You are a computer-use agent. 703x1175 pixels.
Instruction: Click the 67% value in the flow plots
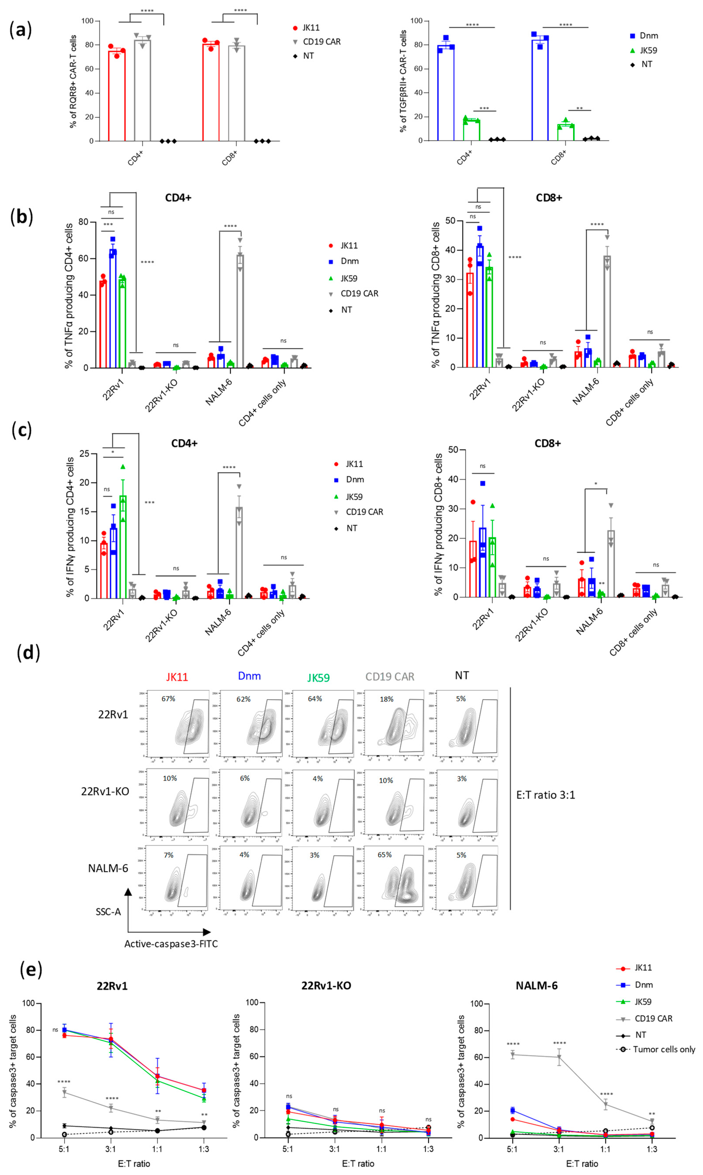[168, 699]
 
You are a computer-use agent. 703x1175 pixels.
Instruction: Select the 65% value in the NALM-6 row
[384, 854]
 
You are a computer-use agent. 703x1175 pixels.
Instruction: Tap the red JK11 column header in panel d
[177, 677]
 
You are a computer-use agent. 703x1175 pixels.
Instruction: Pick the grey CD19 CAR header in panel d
[389, 677]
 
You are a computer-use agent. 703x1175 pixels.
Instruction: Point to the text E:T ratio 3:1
[545, 795]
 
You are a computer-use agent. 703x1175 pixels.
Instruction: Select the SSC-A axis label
[108, 911]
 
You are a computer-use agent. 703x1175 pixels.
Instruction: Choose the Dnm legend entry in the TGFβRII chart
[648, 35]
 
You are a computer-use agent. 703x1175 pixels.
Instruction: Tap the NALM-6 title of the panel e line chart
[536, 985]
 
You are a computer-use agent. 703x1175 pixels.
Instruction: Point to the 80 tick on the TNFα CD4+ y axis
[83, 222]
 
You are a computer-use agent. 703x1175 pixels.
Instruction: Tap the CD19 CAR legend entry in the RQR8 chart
[321, 42]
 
